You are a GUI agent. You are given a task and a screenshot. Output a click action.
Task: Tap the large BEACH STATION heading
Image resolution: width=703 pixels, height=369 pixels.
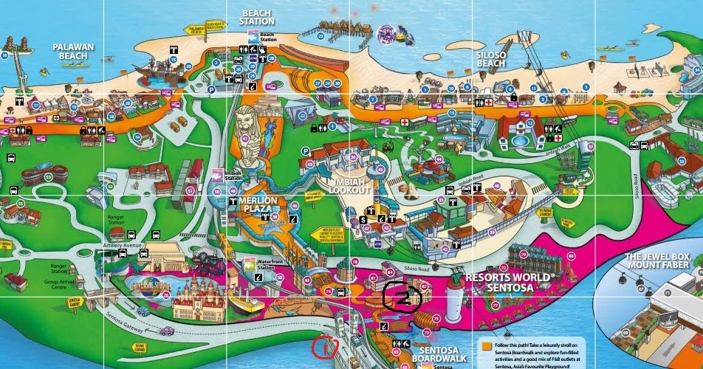(256, 17)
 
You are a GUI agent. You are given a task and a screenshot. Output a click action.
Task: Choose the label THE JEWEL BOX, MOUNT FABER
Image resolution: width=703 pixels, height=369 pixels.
(663, 261)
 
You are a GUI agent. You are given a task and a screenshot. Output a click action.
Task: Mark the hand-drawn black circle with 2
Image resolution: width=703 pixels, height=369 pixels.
(402, 297)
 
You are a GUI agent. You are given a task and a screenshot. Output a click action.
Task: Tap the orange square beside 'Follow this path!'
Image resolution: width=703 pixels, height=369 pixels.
(485, 345)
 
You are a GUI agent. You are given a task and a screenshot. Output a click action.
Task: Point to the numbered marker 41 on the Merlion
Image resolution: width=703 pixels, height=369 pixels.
(244, 138)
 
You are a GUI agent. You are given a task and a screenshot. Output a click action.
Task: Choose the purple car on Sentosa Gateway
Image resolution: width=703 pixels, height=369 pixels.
(166, 331)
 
